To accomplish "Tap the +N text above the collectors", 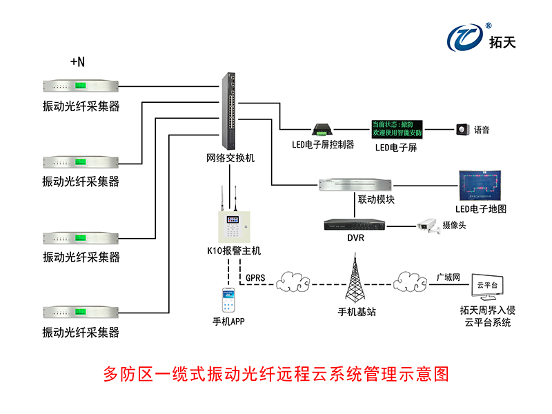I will (x=78, y=62).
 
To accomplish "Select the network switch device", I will (x=230, y=110).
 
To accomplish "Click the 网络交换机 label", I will (x=230, y=158).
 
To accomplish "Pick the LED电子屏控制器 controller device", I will (x=322, y=130).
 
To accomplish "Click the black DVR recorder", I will (x=353, y=225).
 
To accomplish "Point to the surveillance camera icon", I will (x=428, y=226).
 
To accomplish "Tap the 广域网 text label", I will (x=448, y=276).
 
